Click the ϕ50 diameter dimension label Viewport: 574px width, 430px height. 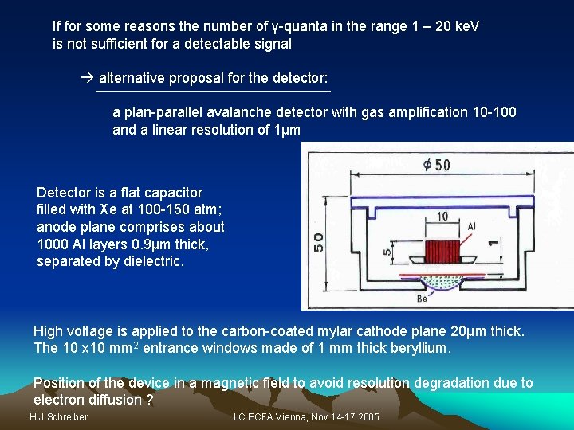click(x=436, y=165)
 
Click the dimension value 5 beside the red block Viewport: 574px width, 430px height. click(x=388, y=253)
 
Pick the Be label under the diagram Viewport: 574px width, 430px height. click(x=422, y=299)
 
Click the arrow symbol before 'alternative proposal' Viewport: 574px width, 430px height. click(x=88, y=78)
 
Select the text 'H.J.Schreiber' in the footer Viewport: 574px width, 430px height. click(x=58, y=417)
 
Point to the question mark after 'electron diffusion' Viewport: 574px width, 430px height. click(x=150, y=399)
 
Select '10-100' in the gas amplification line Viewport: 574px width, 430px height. click(x=494, y=112)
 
